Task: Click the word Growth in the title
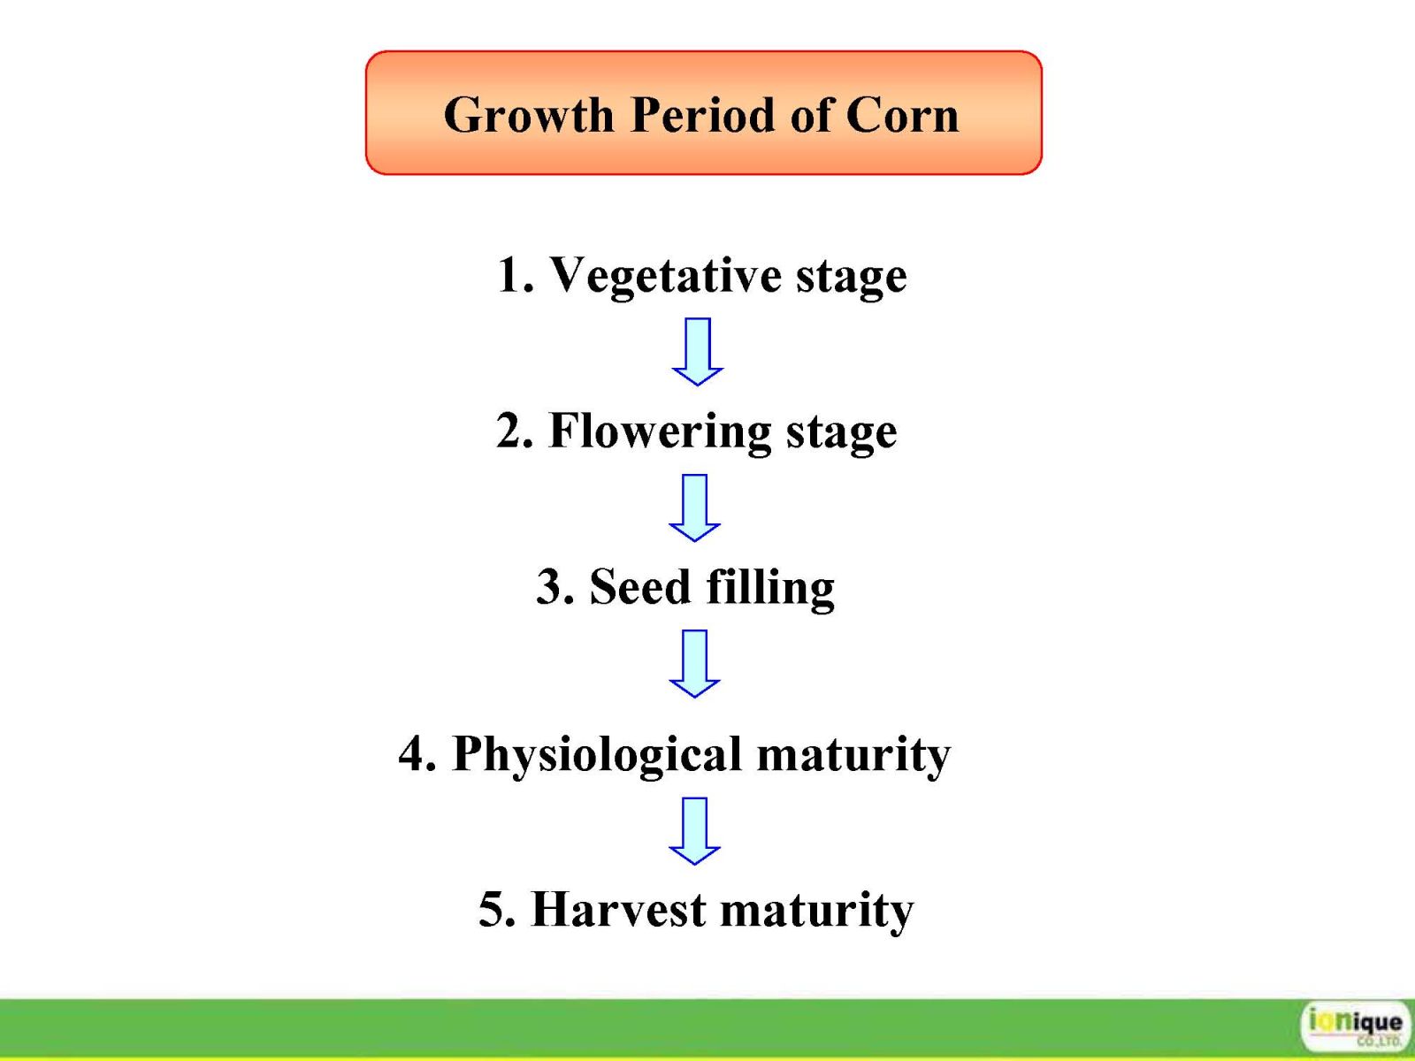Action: coord(529,115)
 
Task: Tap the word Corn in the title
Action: coord(902,115)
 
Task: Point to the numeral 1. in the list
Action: coord(516,275)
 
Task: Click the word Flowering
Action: coord(660,432)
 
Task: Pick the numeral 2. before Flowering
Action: coord(515,431)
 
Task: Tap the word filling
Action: coord(770,588)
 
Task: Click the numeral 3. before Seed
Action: coord(555,587)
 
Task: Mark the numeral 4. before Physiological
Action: coord(417,753)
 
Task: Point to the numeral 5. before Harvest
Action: coord(497,910)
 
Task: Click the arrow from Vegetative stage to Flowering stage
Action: coord(698,352)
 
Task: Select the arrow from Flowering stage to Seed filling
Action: coord(695,508)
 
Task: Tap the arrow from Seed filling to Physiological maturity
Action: coord(695,663)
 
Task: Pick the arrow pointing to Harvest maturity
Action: coord(695,831)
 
